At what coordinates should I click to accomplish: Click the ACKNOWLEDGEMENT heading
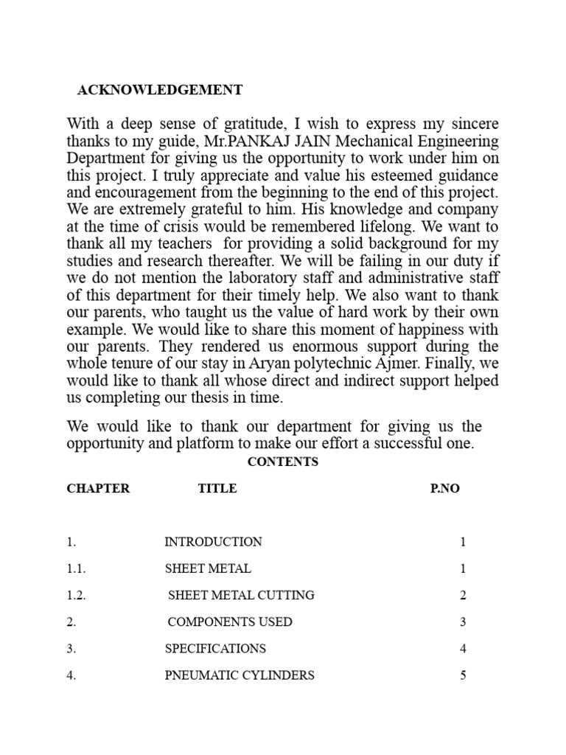click(x=160, y=90)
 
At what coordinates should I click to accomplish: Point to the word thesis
click(x=208, y=399)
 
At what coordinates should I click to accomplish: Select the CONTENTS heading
click(x=282, y=462)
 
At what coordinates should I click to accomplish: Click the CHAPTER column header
click(x=98, y=489)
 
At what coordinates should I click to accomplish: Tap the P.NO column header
click(x=444, y=489)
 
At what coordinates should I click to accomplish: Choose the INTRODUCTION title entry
click(x=213, y=542)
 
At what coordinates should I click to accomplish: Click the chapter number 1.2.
click(x=74, y=595)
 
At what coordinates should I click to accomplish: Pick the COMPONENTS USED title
click(x=230, y=622)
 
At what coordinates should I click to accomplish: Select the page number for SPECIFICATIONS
click(x=463, y=649)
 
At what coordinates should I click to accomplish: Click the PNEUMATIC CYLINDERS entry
click(x=240, y=675)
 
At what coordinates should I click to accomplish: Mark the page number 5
click(x=463, y=675)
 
